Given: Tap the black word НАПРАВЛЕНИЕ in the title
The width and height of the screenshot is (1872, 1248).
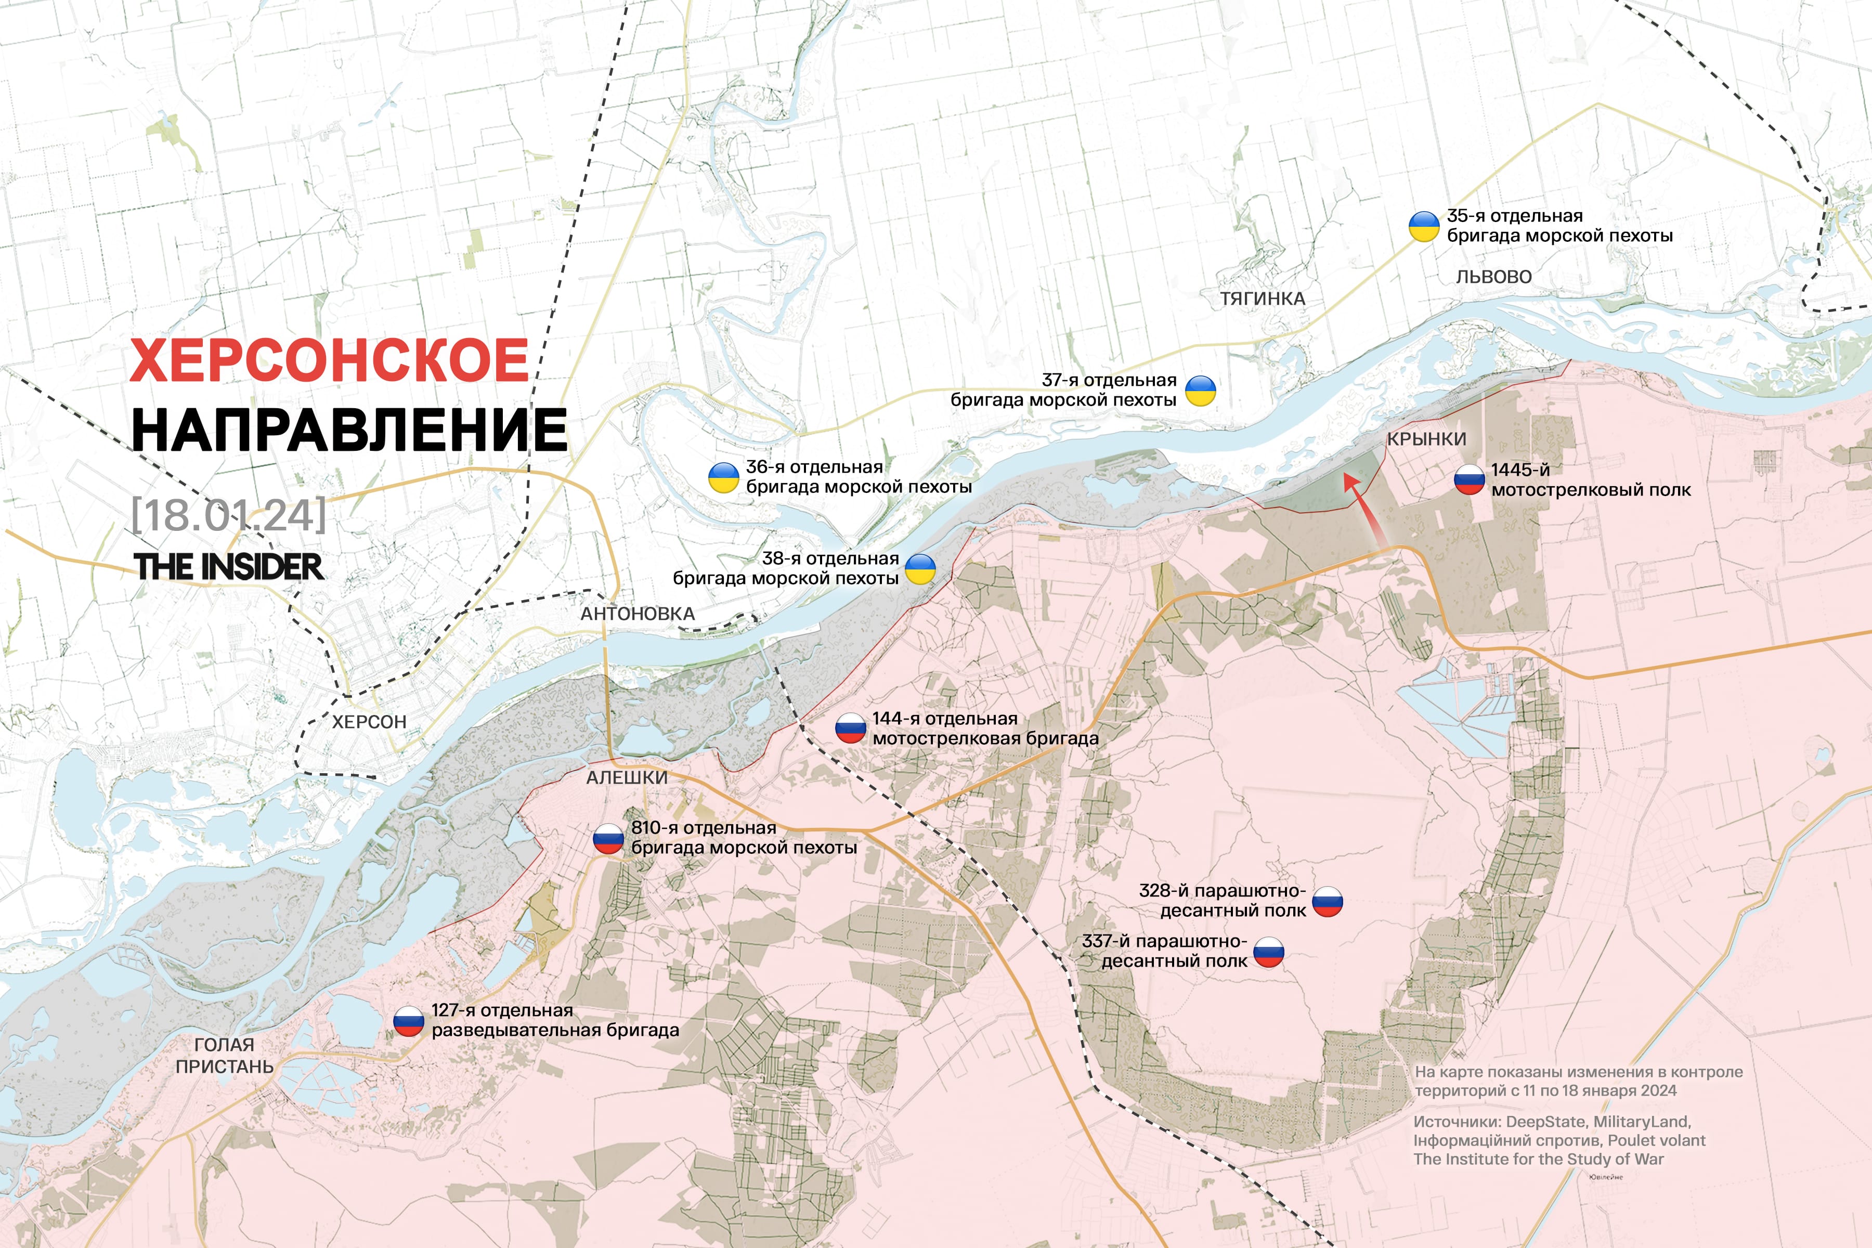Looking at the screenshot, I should (x=348, y=431).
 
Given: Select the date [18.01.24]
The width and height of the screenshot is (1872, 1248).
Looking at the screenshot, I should (x=228, y=514).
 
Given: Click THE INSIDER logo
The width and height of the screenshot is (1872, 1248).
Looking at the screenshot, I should (x=228, y=567).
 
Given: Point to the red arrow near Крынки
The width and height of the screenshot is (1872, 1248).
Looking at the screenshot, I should (x=1364, y=510).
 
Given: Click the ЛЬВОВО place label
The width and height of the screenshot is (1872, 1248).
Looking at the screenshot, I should (x=1493, y=277).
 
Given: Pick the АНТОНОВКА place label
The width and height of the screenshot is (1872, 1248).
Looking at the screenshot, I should (x=638, y=614).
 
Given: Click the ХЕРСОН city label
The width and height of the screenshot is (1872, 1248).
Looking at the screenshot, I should (x=369, y=722).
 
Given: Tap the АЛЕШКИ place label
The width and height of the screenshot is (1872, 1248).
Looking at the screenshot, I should (x=627, y=777).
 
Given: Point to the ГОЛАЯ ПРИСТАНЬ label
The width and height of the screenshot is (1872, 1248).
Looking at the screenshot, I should (x=225, y=1056).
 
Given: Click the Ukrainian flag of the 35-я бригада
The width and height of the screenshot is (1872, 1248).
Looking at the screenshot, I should (x=1424, y=226).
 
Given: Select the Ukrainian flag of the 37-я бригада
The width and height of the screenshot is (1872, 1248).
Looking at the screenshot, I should (x=1200, y=391).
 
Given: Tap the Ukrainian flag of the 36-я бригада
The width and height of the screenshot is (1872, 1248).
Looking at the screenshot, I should (x=723, y=477).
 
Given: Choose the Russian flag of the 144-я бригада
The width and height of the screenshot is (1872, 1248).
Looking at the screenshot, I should (x=850, y=729).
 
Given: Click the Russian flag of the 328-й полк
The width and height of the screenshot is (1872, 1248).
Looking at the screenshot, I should (x=1328, y=901).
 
